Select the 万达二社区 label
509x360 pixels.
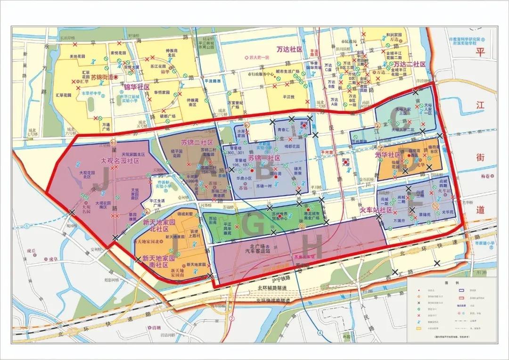[x=410, y=64]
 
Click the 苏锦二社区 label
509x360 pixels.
[x=197, y=142]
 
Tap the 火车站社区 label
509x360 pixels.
[x=376, y=210]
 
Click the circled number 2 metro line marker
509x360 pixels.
[x=232, y=319]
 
